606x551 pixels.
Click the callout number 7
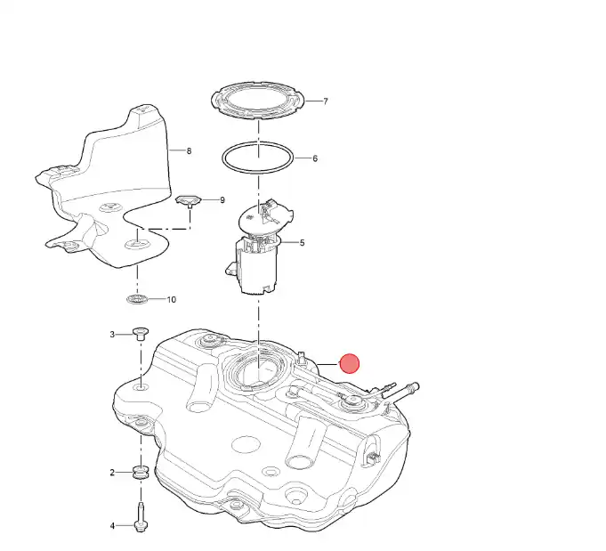[x=326, y=101]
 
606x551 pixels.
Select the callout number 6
[x=315, y=158]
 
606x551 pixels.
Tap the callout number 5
[x=302, y=243]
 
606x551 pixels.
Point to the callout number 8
[x=189, y=150]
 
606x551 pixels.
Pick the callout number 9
[x=222, y=200]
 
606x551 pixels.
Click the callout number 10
[x=171, y=300]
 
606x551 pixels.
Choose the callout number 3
[x=112, y=335]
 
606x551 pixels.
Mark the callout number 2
[x=112, y=473]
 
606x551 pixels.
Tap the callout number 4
[x=112, y=526]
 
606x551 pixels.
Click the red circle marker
[x=350, y=364]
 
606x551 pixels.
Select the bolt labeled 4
[x=141, y=517]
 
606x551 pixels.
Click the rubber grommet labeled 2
[x=141, y=473]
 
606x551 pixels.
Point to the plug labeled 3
[x=141, y=334]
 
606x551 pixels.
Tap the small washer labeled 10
[x=137, y=299]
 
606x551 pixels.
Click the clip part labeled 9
[x=189, y=200]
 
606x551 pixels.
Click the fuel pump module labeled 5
[x=258, y=247]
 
